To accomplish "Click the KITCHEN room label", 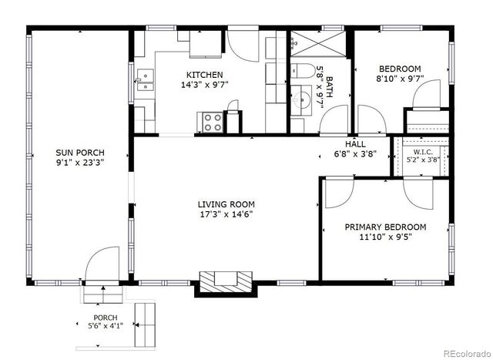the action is click(x=204, y=75).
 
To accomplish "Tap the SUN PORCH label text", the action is click(x=80, y=153).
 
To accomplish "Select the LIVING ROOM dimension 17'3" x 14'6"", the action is click(x=226, y=214).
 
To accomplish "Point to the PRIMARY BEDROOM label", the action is click(x=385, y=227).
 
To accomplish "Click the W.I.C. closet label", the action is click(x=423, y=152).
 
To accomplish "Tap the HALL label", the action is click(x=355, y=144).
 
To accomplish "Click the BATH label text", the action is click(x=329, y=87).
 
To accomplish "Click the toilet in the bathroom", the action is click(x=303, y=71).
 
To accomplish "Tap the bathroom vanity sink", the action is click(x=301, y=100).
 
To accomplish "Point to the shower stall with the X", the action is click(x=318, y=43).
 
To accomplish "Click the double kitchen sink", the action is click(x=146, y=80).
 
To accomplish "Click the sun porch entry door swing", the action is click(x=102, y=264).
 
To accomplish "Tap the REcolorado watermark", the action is click(x=468, y=354).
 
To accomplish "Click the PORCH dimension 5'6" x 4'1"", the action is click(x=106, y=326).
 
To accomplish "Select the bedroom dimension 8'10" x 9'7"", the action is click(x=400, y=79).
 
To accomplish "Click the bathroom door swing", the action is click(x=334, y=120).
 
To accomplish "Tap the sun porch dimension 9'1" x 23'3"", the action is click(x=80, y=163).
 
